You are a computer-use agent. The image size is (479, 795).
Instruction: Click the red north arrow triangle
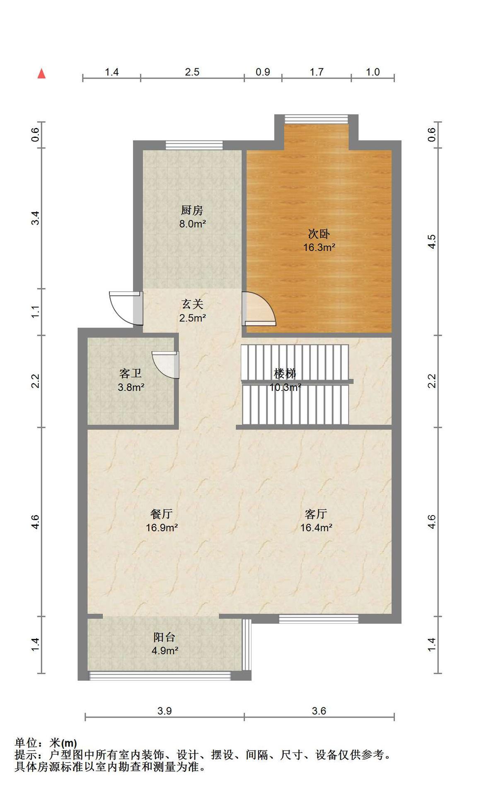click(41, 74)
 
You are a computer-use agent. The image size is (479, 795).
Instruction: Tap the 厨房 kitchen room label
click(192, 210)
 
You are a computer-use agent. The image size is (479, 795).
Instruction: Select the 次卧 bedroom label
click(319, 234)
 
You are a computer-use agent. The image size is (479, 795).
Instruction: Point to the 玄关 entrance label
click(193, 304)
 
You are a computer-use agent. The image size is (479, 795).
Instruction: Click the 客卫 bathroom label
click(131, 373)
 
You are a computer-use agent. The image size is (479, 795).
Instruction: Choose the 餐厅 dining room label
click(162, 514)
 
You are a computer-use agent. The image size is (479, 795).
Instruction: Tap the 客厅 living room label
click(316, 514)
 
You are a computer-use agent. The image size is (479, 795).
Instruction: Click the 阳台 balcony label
click(165, 637)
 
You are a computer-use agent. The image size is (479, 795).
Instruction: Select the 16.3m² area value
click(319, 248)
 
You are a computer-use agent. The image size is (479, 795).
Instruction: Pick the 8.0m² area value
click(193, 224)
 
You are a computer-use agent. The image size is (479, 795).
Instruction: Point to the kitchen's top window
click(194, 145)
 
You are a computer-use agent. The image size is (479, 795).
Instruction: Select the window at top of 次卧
click(316, 119)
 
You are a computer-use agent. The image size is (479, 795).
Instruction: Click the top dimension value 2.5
click(192, 72)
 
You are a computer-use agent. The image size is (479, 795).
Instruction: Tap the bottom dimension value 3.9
click(165, 711)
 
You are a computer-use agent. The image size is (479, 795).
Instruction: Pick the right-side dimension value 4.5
click(432, 241)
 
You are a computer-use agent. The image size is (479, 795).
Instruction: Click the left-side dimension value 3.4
click(36, 218)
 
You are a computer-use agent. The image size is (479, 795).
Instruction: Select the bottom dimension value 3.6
click(319, 711)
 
